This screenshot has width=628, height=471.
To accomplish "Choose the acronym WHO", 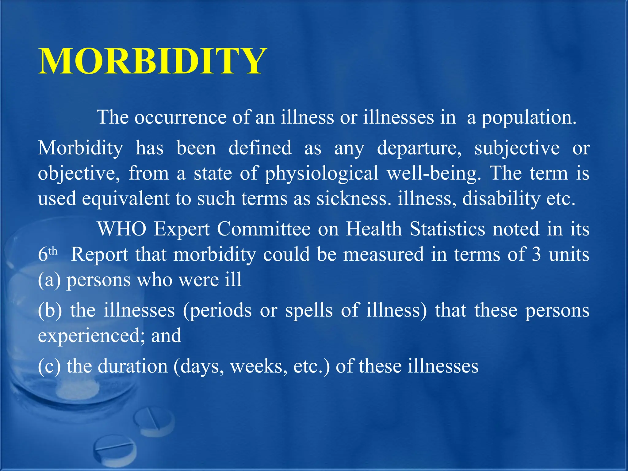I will point(122,229).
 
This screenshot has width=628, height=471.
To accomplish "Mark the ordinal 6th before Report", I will point(48,254).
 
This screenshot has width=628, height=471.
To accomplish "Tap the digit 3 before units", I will point(536,255).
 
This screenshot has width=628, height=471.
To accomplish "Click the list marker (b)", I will point(50,310).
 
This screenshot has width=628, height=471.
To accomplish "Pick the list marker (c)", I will point(49,366).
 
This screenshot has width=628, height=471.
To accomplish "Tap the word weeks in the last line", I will point(259,366).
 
